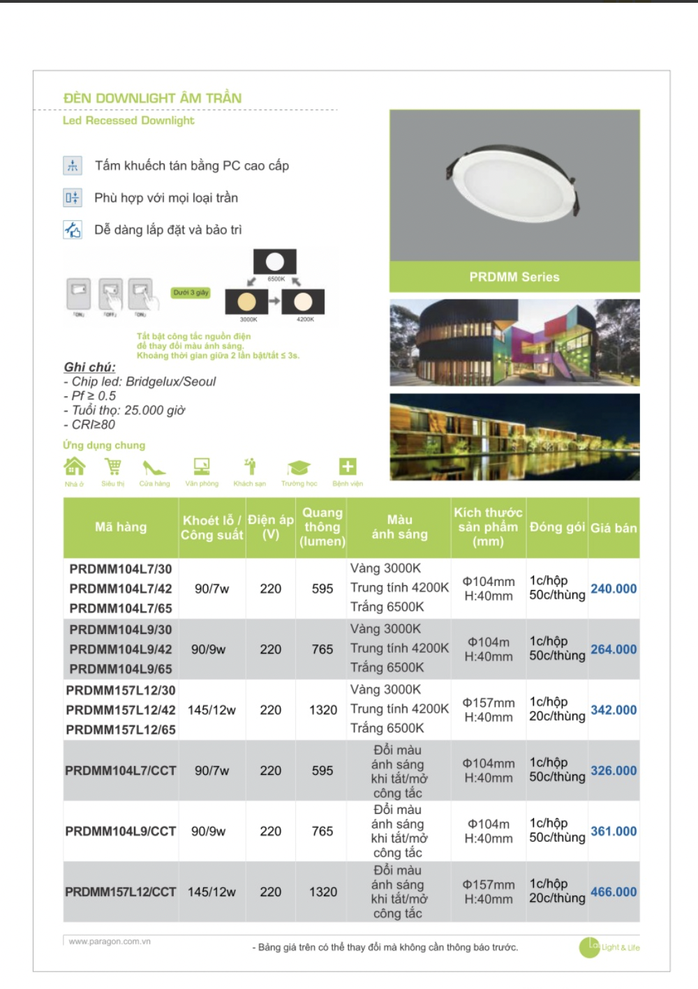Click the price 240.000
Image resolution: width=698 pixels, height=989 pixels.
coord(614,589)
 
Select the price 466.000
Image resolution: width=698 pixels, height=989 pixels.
coord(614,892)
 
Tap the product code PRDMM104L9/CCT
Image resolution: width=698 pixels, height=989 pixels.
coord(120,831)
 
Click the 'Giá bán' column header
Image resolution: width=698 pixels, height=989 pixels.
coord(614,528)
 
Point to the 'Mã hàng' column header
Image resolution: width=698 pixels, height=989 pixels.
coord(121,527)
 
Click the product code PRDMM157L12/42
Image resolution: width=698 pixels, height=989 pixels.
coord(121,710)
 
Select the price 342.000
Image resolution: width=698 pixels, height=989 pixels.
coord(614,710)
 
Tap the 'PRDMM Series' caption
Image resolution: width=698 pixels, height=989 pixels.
coord(514,277)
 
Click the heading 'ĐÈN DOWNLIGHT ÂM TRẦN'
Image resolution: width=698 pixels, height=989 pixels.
coord(152,98)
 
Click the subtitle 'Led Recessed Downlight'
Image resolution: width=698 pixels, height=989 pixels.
coord(128,121)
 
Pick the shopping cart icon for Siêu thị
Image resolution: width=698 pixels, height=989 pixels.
coord(112,467)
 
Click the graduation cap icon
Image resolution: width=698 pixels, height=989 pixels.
coord(299,468)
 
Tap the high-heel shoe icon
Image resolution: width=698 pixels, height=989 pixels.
coord(154,467)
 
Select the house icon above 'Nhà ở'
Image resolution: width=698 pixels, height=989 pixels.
coord(74,466)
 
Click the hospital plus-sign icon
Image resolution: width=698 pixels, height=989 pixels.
coord(348,467)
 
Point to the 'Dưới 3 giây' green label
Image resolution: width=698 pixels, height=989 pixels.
coord(191,293)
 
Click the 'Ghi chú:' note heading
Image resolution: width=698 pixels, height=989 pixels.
coord(90,367)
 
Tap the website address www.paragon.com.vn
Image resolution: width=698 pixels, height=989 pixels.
coord(110,942)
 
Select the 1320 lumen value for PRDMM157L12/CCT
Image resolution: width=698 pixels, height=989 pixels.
coord(322,892)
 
